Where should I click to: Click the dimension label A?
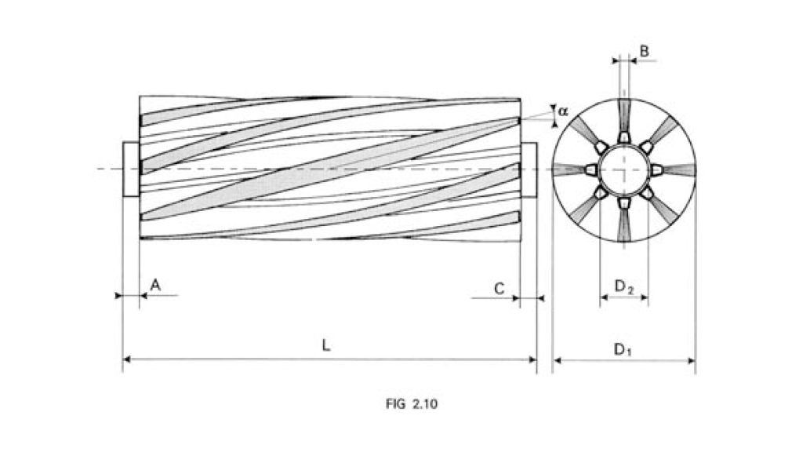[x=155, y=286]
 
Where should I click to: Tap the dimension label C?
[x=499, y=288]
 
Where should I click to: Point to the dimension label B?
[x=644, y=52]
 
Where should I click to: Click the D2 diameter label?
[x=624, y=287]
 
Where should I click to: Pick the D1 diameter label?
[x=623, y=348]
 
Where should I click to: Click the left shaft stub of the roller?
[x=131, y=169]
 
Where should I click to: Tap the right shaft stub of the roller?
[x=529, y=169]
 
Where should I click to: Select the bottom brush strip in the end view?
[x=623, y=223]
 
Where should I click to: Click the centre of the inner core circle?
[x=623, y=169]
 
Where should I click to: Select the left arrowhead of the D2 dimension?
[x=604, y=298]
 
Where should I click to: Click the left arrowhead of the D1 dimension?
[x=557, y=360]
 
